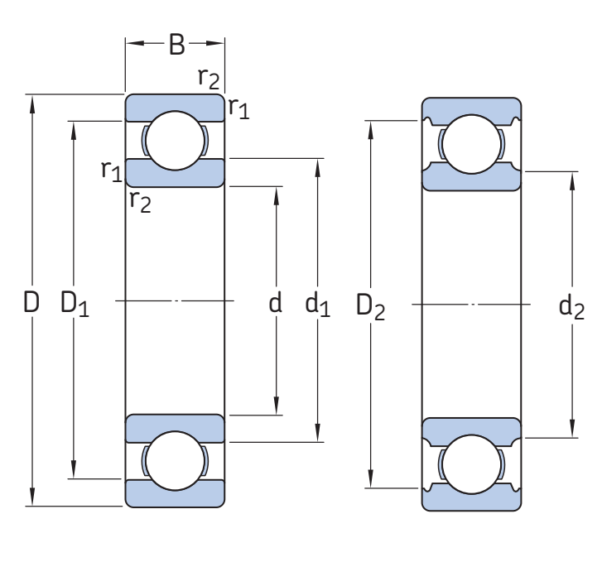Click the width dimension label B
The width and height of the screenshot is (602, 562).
click(x=176, y=45)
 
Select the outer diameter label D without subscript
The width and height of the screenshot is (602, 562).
click(x=31, y=303)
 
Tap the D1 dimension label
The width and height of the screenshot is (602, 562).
click(x=75, y=305)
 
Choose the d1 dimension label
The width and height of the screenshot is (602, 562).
click(x=317, y=305)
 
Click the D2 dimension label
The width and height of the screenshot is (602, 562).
click(x=370, y=306)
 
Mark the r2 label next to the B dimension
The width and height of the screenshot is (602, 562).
click(x=209, y=79)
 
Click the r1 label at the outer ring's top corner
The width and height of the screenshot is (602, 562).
click(x=238, y=108)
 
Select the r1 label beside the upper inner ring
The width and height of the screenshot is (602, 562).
click(x=112, y=171)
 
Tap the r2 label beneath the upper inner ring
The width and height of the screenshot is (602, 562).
click(x=140, y=200)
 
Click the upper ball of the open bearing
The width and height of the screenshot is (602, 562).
click(x=175, y=140)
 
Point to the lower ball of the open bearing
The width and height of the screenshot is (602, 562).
click(x=175, y=461)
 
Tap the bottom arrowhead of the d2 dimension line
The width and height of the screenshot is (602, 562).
click(x=572, y=430)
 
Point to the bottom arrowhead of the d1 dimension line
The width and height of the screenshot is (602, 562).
click(x=318, y=435)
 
